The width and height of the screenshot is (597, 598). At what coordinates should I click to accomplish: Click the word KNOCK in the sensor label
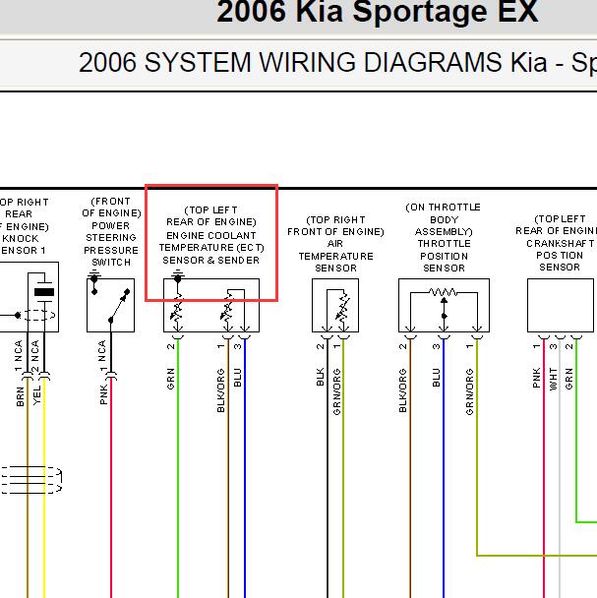tap(21, 239)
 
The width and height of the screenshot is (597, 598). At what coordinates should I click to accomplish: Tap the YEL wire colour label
tap(36, 395)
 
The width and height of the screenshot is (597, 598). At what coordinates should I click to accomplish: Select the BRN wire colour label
tap(21, 396)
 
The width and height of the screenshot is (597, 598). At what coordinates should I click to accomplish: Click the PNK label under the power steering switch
tap(103, 394)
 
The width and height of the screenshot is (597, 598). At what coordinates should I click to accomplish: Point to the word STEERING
tap(111, 238)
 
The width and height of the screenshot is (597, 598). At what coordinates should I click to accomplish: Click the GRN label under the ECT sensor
tap(170, 379)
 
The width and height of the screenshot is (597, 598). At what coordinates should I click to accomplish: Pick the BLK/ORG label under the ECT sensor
tap(220, 390)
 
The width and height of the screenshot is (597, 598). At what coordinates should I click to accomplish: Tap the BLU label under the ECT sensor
tap(237, 378)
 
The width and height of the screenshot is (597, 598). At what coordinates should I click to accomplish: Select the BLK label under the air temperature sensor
tap(320, 377)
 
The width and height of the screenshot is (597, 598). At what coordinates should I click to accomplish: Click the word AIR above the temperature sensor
tap(335, 244)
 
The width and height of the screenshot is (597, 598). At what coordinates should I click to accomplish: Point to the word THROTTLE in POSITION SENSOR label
tap(444, 244)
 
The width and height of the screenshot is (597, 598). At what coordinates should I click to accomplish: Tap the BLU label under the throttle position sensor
tap(437, 378)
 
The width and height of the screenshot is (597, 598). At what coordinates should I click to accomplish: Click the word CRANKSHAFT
tap(560, 243)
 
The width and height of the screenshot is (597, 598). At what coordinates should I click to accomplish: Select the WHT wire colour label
tap(553, 379)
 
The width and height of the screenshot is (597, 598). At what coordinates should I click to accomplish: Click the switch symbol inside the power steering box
tap(119, 305)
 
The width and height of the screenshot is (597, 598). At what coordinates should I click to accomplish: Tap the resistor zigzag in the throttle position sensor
tap(443, 292)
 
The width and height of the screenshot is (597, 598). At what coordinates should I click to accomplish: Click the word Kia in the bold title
tap(320, 12)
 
